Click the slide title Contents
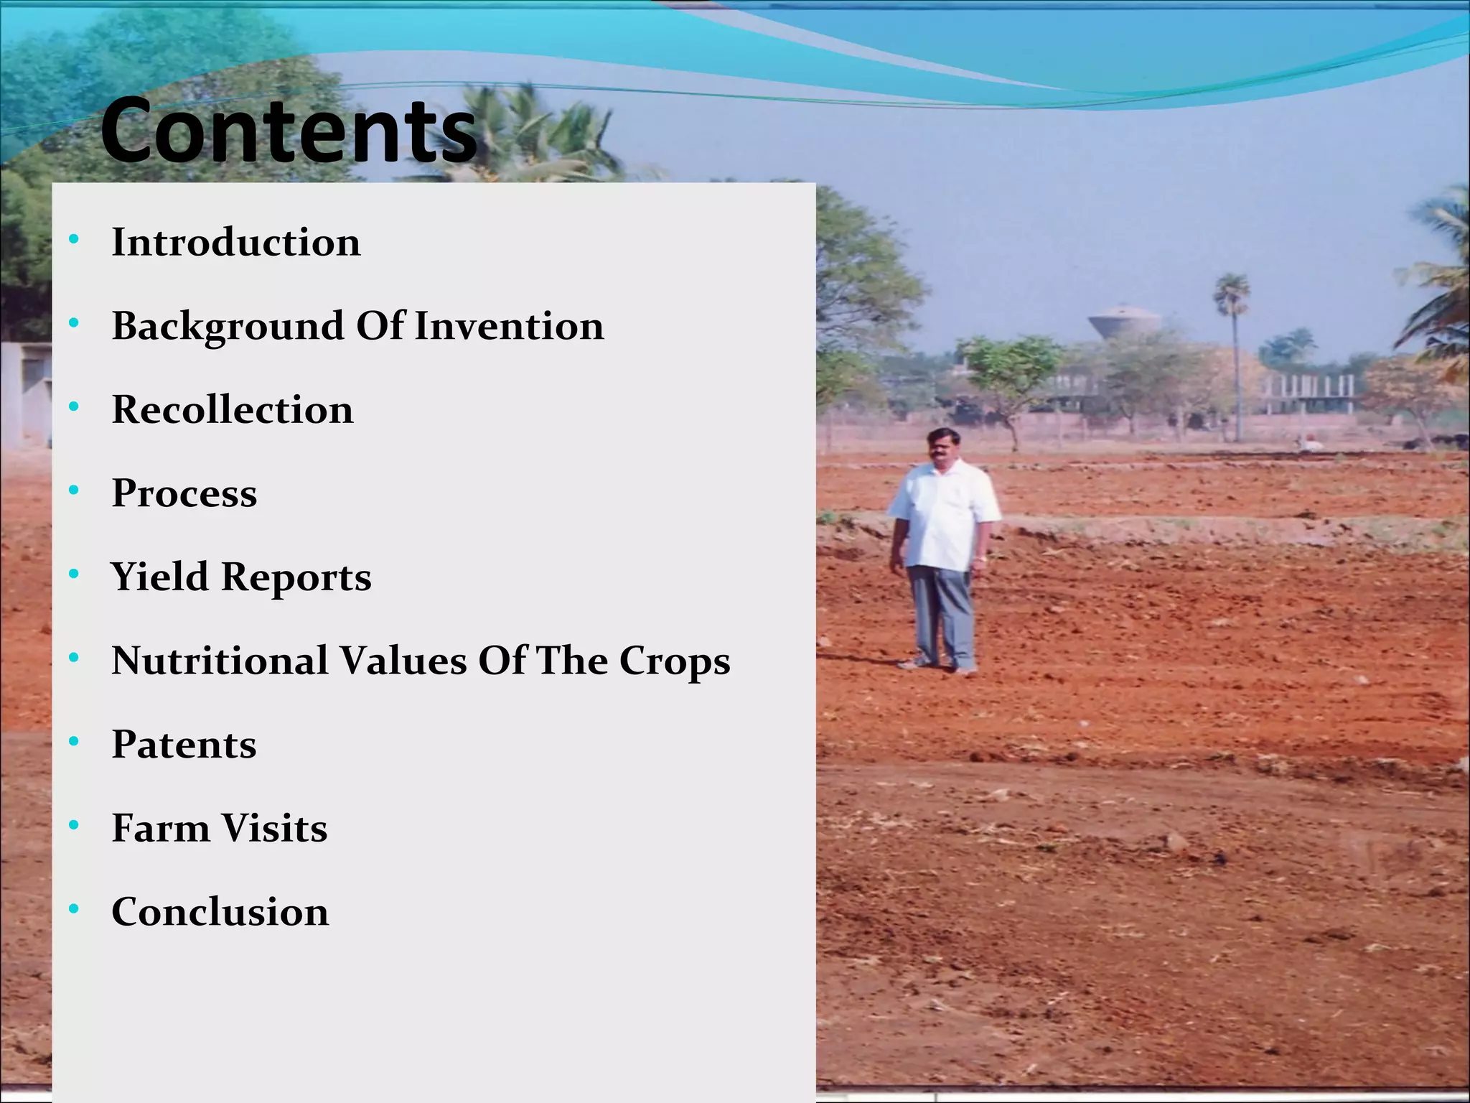click(289, 131)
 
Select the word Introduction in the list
click(235, 242)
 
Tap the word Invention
click(509, 326)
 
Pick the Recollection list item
click(233, 409)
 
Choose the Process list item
click(184, 493)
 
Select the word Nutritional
click(220, 661)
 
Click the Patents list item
click(184, 744)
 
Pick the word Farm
click(160, 828)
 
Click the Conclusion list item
click(220, 912)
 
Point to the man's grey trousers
click(940, 610)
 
